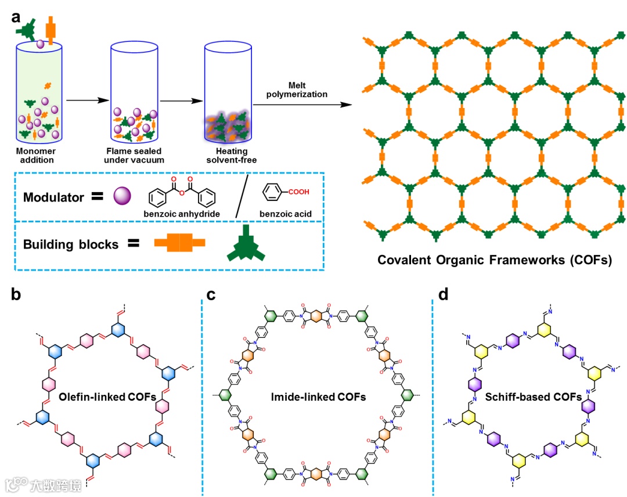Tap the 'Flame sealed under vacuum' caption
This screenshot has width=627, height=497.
coord(136,155)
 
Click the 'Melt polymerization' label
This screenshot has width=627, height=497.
coord(308,90)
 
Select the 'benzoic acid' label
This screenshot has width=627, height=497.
coord(287,214)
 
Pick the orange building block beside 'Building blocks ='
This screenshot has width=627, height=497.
coord(179,243)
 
